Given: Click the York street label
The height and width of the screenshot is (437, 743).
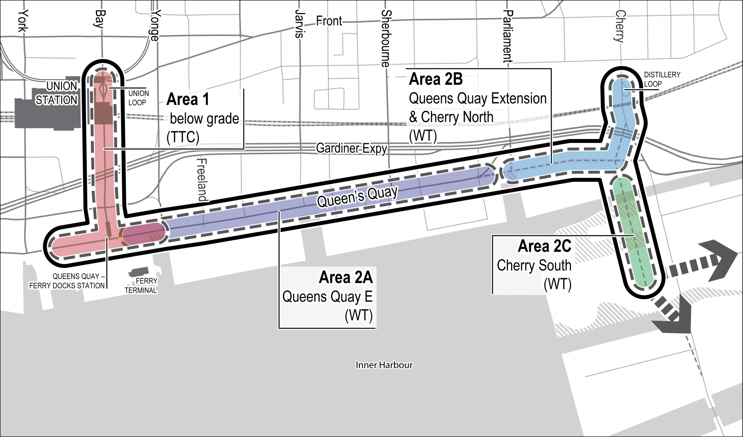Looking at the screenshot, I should (23, 21).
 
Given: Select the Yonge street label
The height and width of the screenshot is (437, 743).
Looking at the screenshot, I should (155, 25).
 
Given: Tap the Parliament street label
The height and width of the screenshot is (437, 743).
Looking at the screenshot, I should (508, 36).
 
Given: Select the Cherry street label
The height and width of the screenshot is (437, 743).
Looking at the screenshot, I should (620, 26).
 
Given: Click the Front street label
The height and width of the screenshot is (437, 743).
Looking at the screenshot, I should (329, 21).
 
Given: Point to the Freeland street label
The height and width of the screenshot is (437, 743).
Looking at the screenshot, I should (202, 180).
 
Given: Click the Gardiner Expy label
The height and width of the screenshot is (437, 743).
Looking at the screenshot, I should (351, 148).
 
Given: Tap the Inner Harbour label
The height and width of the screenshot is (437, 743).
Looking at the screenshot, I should (384, 365).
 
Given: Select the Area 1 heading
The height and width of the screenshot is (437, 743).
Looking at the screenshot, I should (188, 99).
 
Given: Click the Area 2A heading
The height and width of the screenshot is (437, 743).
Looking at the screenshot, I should (345, 277).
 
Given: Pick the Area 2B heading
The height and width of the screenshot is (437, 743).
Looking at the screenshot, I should (436, 79).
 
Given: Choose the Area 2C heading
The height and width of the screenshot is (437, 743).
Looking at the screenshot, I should (544, 246).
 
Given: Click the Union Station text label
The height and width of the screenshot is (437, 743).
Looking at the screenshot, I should (57, 93).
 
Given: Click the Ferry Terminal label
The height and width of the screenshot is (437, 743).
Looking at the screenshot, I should (141, 286).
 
